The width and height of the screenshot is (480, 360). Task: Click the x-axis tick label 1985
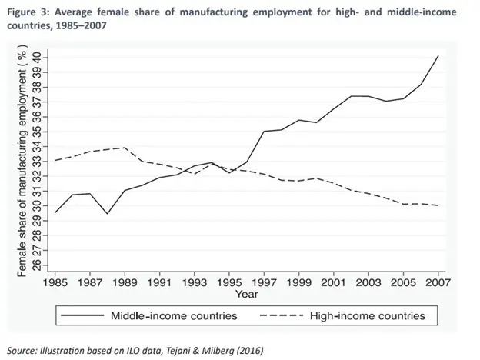(x=55, y=282)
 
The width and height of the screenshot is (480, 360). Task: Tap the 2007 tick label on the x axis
(x=438, y=282)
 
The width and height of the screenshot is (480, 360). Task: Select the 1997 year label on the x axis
(x=264, y=282)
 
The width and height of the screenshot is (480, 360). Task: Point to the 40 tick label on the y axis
(x=36, y=58)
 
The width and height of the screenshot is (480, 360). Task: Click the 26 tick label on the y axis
(x=36, y=265)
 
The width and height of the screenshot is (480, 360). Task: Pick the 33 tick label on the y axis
(x=36, y=162)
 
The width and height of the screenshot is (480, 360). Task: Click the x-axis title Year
(x=247, y=294)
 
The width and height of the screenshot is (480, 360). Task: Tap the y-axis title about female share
(x=22, y=161)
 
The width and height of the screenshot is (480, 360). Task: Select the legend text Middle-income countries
(x=174, y=315)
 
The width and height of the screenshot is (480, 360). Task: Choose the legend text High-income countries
(x=368, y=315)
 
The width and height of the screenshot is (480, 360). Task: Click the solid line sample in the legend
(x=82, y=315)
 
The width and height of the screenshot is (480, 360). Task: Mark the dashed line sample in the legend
(x=282, y=315)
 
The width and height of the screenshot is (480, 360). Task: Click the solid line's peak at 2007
(x=438, y=56)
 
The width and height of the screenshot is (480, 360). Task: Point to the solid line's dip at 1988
(x=107, y=213)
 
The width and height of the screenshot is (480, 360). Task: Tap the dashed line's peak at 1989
(x=125, y=148)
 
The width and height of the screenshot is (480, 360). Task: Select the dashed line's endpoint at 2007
(x=438, y=205)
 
